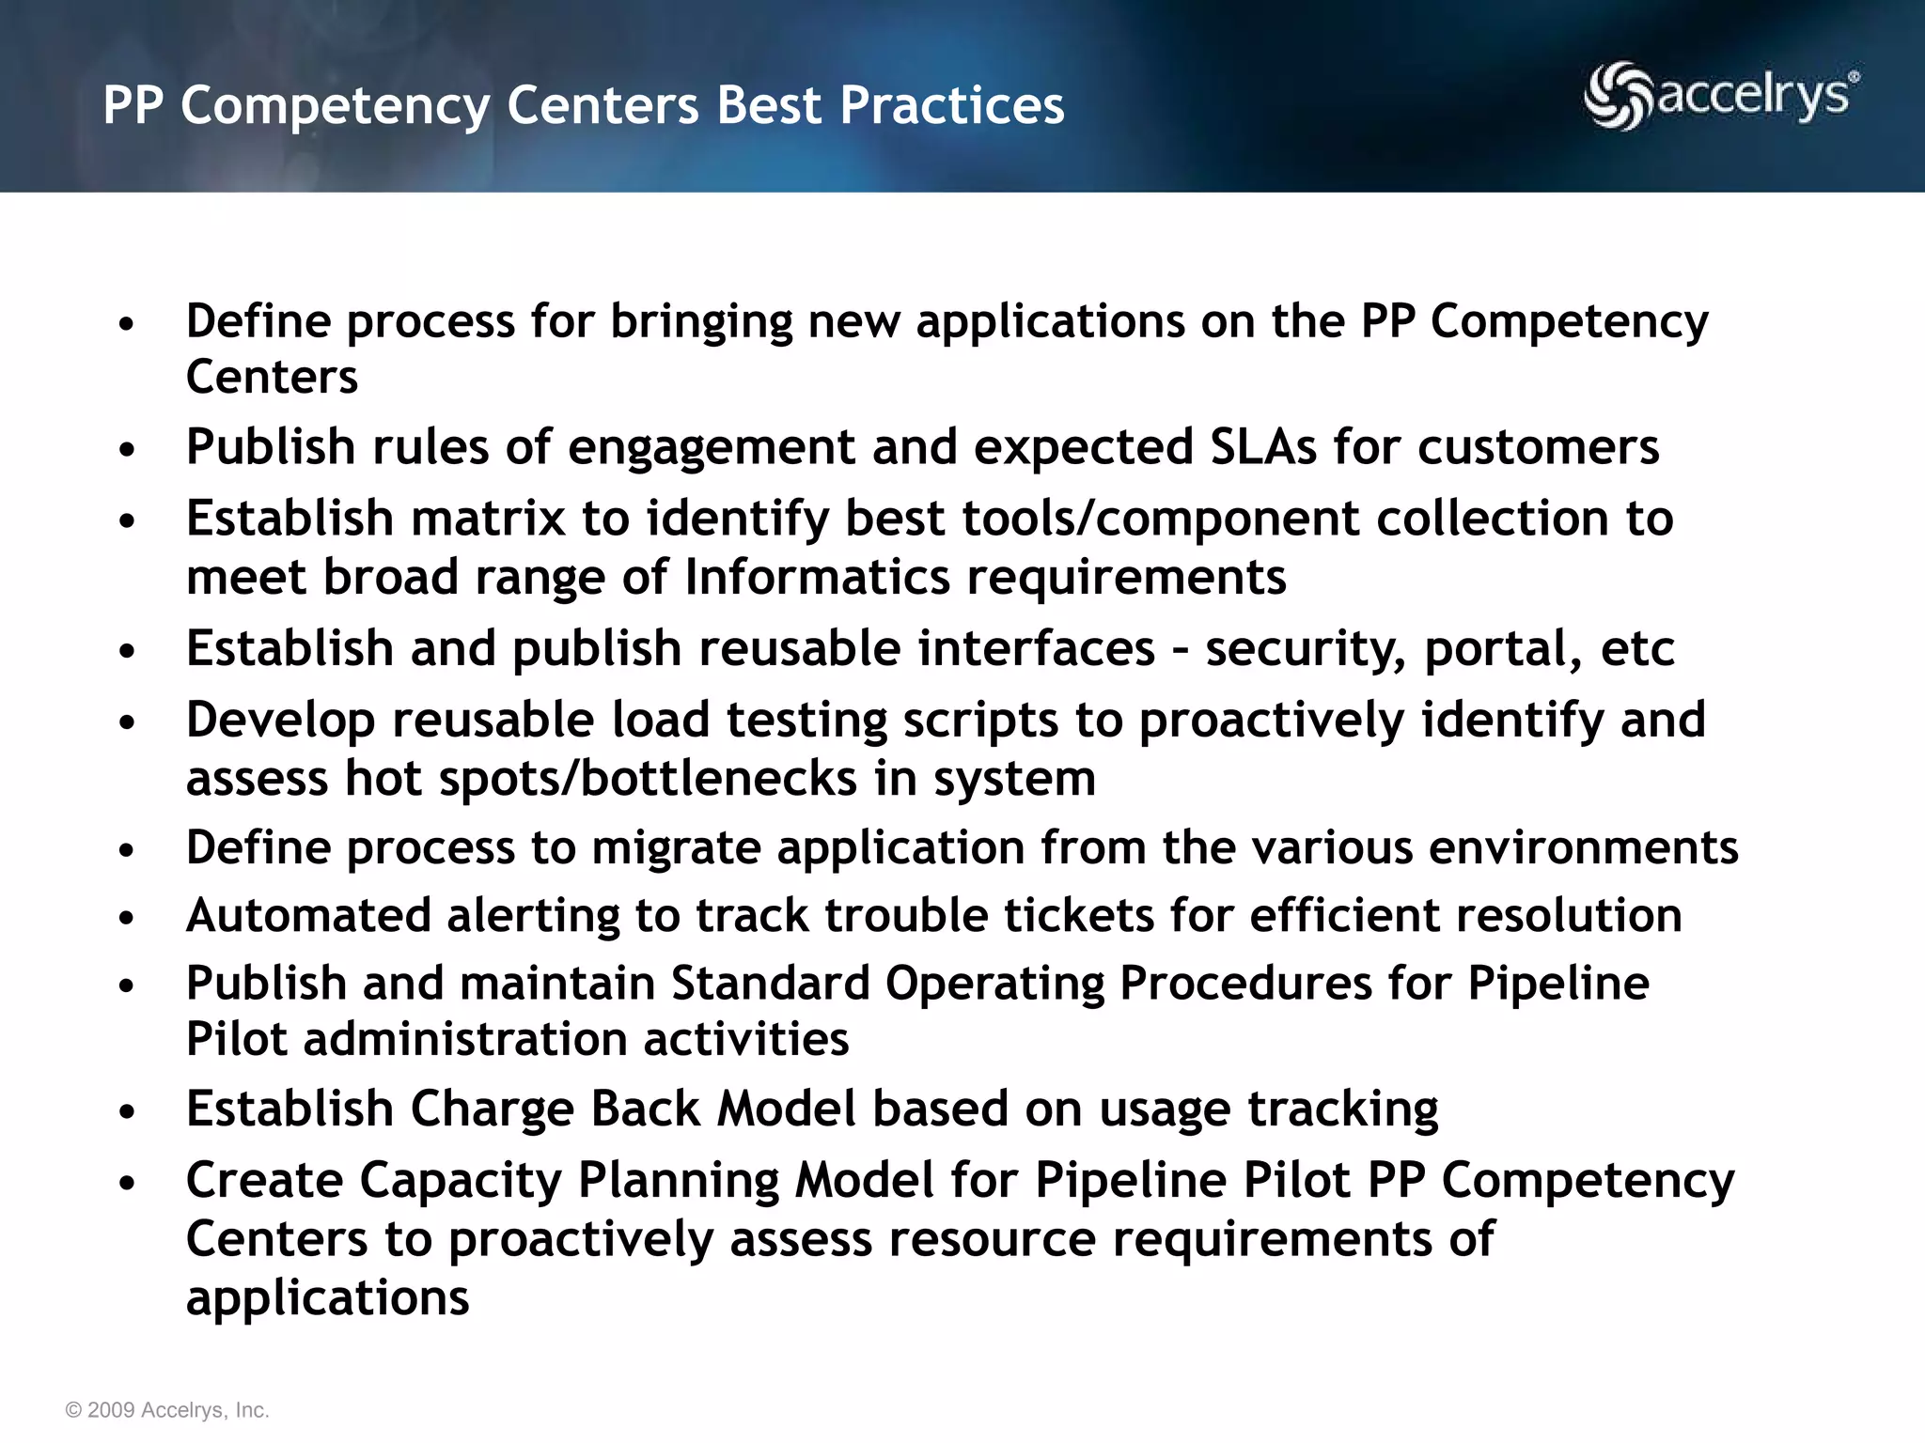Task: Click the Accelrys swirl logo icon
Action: pyautogui.click(x=1618, y=96)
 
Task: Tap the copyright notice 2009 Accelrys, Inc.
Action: pyautogui.click(x=167, y=1410)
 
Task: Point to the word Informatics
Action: pyautogui.click(x=817, y=577)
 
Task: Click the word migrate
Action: pyautogui.click(x=675, y=848)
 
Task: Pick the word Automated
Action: pyautogui.click(x=307, y=916)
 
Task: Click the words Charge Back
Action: pyautogui.click(x=555, y=1109)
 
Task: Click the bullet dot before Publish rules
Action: pyautogui.click(x=128, y=450)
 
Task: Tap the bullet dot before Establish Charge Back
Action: pyautogui.click(x=128, y=1112)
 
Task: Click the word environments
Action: pyautogui.click(x=1583, y=848)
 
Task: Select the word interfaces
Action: pyautogui.click(x=1036, y=649)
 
